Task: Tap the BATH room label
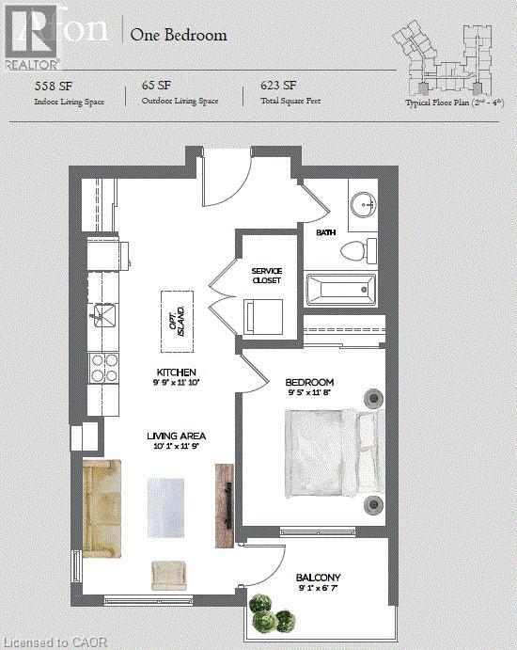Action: (x=326, y=231)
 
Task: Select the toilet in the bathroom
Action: (x=357, y=251)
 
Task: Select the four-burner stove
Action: (x=102, y=366)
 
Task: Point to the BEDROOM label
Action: (x=309, y=382)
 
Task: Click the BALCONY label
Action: (x=318, y=578)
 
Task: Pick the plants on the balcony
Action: (x=273, y=613)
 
